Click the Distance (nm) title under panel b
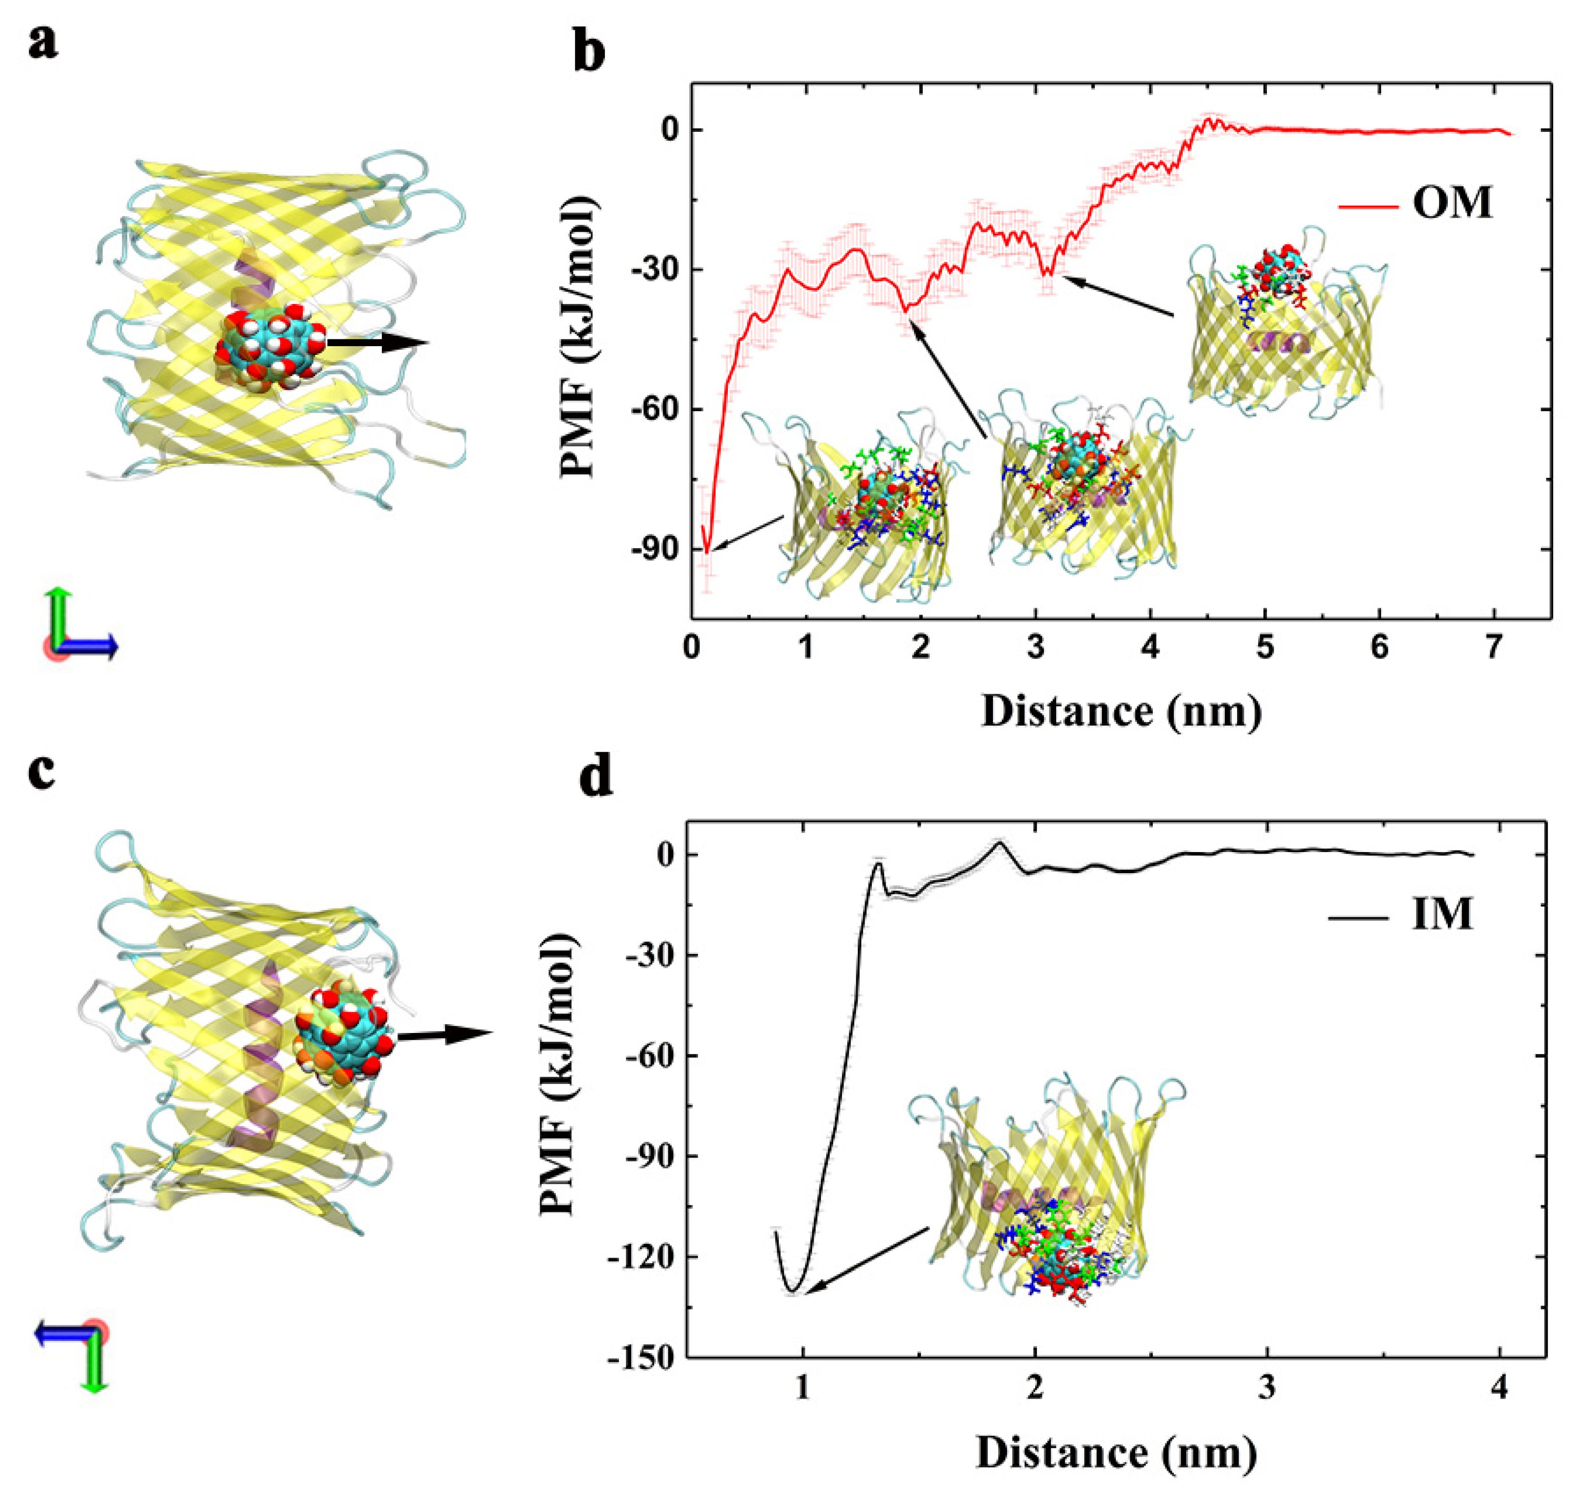pyautogui.click(x=1121, y=710)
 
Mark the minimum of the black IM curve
pyautogui.click(x=792, y=1291)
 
